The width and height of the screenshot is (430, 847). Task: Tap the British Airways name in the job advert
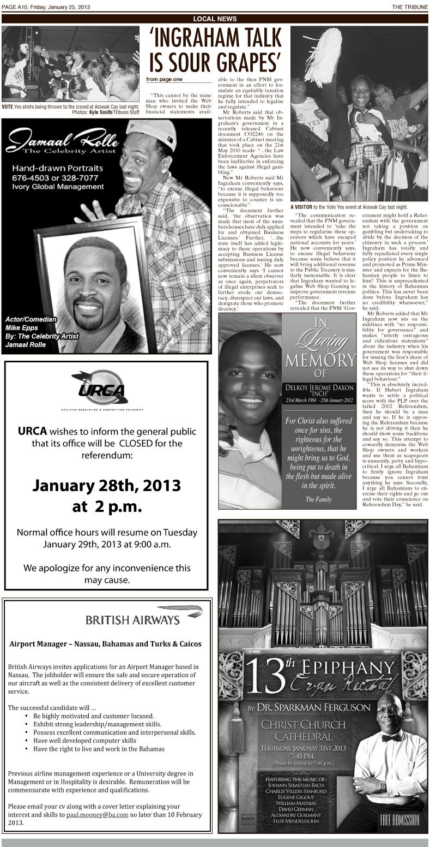tap(132, 619)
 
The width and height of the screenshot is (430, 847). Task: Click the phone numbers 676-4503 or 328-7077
tap(55, 178)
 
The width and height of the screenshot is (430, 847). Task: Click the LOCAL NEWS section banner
tap(215, 19)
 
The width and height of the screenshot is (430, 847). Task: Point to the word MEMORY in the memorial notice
tap(320, 361)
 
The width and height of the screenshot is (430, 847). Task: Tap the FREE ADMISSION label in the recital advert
tap(399, 819)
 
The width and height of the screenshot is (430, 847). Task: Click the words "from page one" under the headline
tap(165, 80)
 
